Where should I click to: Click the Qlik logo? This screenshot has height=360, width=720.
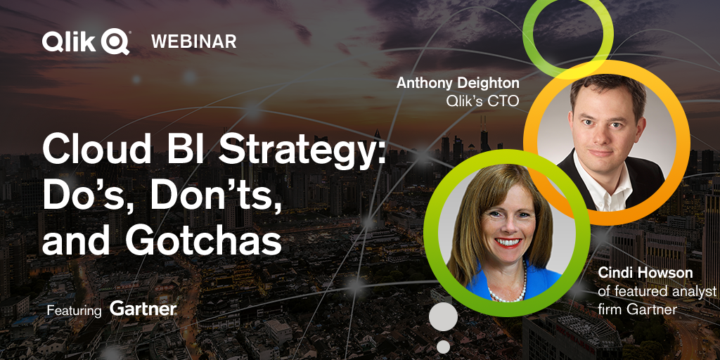pyautogui.click(x=86, y=41)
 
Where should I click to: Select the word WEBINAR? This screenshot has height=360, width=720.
pyautogui.click(x=194, y=41)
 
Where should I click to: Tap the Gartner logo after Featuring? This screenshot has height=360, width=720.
pyautogui.click(x=143, y=309)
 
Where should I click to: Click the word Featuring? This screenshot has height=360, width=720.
pyautogui.click(x=74, y=310)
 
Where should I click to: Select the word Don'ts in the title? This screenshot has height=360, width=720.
pyautogui.click(x=216, y=195)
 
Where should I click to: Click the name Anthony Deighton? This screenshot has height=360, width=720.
pyautogui.click(x=458, y=83)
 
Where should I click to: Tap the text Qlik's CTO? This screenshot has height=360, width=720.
pyautogui.click(x=482, y=101)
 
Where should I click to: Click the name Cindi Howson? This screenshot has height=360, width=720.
pyautogui.click(x=645, y=273)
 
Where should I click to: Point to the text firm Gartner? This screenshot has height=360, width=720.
pyautogui.click(x=637, y=309)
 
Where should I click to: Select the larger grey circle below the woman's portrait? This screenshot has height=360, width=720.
pyautogui.click(x=443, y=317)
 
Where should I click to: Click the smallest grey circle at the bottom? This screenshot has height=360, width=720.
pyautogui.click(x=443, y=347)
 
